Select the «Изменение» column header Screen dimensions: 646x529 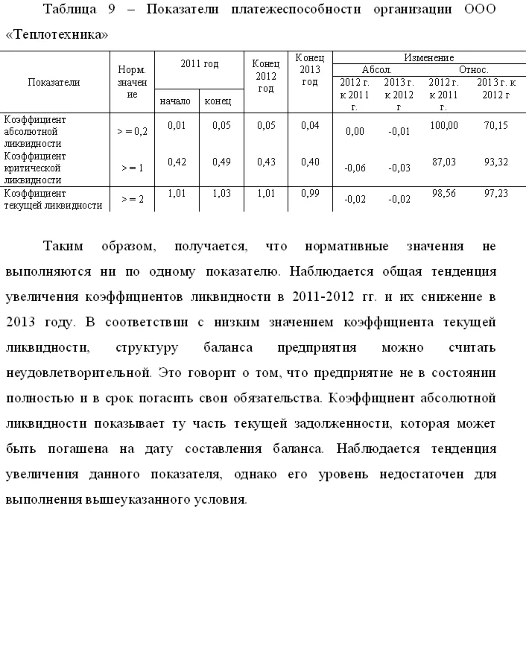[x=428, y=57]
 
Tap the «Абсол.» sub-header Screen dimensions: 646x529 [x=376, y=69]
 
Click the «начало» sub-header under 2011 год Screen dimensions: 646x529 [x=176, y=101]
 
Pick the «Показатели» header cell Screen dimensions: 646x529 [x=54, y=83]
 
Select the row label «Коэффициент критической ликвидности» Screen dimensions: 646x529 [x=36, y=168]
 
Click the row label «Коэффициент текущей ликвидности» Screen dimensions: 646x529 [x=52, y=199]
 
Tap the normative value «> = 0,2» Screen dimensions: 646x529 [x=132, y=131]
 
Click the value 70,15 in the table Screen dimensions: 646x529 [x=495, y=125]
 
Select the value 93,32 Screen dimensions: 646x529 [x=495, y=161]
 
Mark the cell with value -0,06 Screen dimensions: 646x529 [x=355, y=168]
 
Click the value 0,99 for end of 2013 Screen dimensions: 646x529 [x=309, y=193]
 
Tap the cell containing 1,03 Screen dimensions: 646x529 [x=221, y=193]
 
